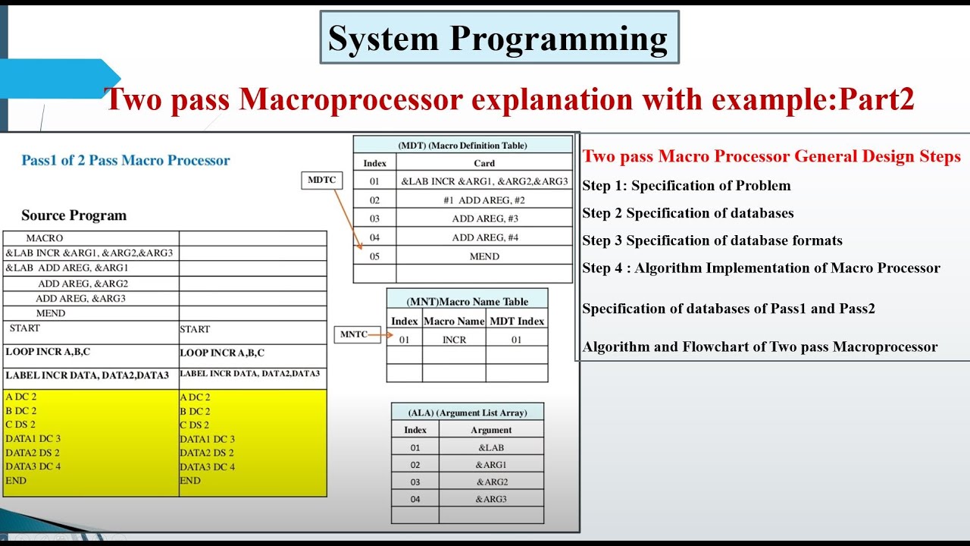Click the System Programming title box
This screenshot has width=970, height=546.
tap(499, 38)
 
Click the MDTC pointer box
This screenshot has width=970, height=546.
tap(321, 180)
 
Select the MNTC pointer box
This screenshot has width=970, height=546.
tap(353, 334)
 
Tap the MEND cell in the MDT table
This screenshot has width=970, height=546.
tap(484, 256)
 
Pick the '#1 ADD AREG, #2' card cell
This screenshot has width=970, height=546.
tap(484, 200)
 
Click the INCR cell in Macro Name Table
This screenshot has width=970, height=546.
tap(454, 340)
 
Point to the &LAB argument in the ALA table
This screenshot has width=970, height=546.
tap(490, 447)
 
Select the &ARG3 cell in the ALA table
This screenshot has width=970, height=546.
tap(491, 499)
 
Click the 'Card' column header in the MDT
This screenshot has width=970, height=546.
tap(484, 163)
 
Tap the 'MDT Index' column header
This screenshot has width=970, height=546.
tap(516, 322)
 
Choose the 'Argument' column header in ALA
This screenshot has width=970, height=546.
tap(491, 430)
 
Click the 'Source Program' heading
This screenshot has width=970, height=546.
tap(74, 215)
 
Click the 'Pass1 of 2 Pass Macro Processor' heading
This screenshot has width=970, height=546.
tap(126, 161)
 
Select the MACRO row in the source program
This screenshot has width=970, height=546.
tap(45, 238)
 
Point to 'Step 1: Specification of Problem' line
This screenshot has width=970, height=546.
tap(686, 186)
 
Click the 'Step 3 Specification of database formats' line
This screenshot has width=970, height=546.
tap(712, 240)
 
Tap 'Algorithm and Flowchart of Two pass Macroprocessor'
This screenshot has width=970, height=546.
tap(759, 347)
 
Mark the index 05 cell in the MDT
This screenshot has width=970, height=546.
tap(374, 256)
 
